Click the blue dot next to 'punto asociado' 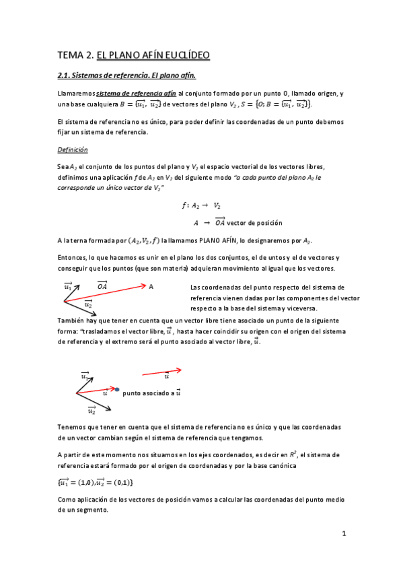coord(117,390)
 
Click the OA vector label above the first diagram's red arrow coord(103,285)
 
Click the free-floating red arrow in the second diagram coord(161,370)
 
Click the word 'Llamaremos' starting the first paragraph coord(76,93)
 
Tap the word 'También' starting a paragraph coord(72,321)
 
